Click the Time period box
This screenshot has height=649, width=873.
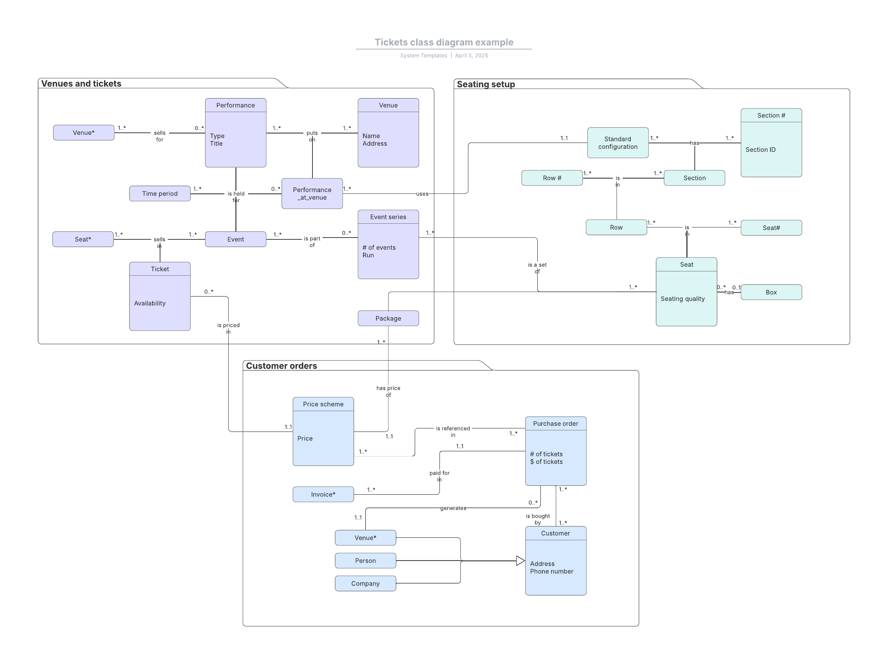(x=160, y=194)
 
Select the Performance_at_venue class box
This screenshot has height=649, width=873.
(x=312, y=194)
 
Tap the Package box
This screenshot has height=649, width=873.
(x=388, y=318)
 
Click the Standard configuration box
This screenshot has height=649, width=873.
(x=617, y=143)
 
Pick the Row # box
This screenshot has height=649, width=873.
(x=552, y=178)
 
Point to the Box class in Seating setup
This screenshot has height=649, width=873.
(x=771, y=292)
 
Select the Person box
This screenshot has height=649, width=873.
(x=365, y=561)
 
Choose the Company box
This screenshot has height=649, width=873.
(x=365, y=584)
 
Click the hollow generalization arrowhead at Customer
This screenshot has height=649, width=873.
(x=520, y=561)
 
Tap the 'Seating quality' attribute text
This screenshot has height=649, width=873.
(x=682, y=299)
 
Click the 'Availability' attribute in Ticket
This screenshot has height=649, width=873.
(x=150, y=303)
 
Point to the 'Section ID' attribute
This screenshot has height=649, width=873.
(x=760, y=150)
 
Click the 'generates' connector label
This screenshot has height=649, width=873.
(x=453, y=508)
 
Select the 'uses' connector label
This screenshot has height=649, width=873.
(x=422, y=194)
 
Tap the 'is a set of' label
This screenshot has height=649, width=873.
(x=537, y=268)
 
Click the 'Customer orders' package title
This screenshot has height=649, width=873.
(x=281, y=366)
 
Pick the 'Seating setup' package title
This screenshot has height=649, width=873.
(x=486, y=84)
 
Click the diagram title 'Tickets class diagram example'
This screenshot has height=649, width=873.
(x=444, y=43)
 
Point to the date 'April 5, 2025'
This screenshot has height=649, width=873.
(x=471, y=55)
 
